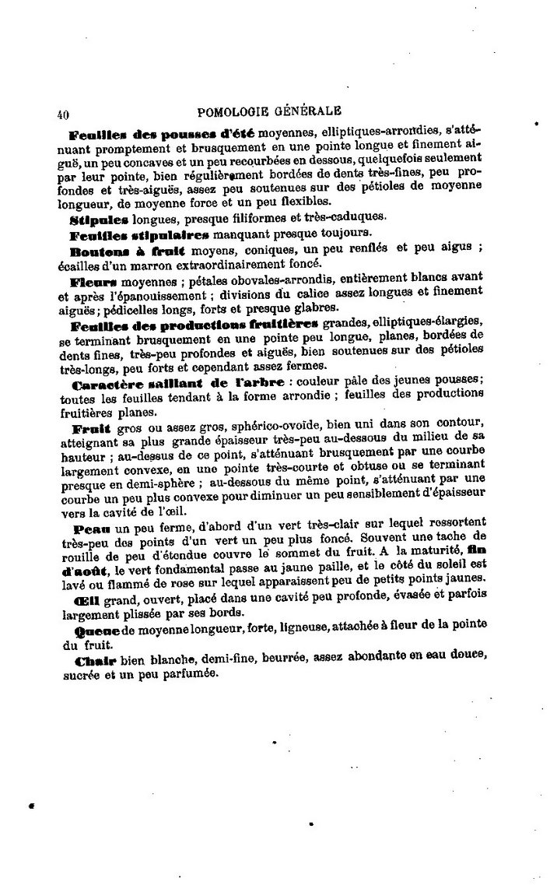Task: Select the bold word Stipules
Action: [x=99, y=219]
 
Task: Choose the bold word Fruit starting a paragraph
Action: [x=90, y=428]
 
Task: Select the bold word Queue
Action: [x=95, y=626]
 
